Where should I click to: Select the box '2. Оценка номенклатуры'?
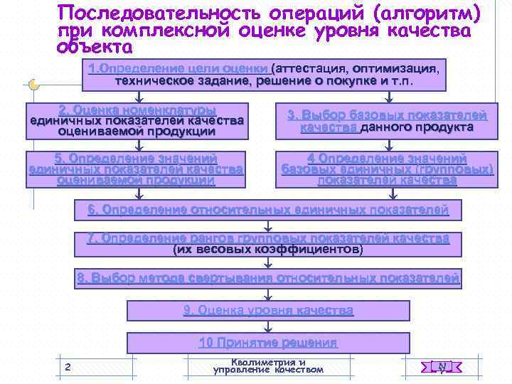pos(137,121)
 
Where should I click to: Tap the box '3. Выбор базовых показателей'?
pos(387,121)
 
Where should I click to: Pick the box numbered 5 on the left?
pos(136,169)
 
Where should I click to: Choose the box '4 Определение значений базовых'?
pos(387,169)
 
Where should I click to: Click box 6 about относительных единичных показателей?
pos(268,210)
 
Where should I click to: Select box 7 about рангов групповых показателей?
pos(268,244)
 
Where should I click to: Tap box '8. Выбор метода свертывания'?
pos(268,278)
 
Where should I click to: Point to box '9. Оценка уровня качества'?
pos(268,311)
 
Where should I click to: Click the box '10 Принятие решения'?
pos(268,343)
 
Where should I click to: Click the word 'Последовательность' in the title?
pos(153,14)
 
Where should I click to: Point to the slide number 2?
pos(68,367)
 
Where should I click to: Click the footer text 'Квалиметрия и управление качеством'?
pos(268,366)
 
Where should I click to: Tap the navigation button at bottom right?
pos(442,367)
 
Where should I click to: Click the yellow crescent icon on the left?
pos(34,85)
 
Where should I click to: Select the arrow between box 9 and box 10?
pos(268,327)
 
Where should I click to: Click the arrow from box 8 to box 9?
pos(268,294)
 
